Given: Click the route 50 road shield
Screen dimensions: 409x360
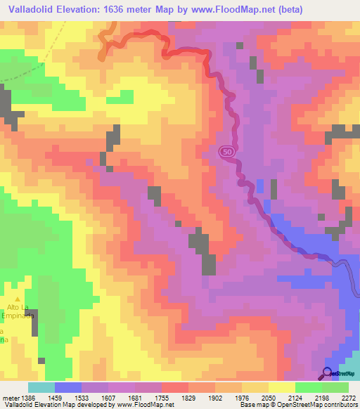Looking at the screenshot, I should [225, 151].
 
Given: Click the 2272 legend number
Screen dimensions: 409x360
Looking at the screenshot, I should [348, 398].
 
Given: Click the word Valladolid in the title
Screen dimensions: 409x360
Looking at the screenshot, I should [27, 8].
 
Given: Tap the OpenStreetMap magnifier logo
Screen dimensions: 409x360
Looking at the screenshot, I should [328, 373].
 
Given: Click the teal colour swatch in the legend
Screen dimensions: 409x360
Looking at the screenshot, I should [41, 387].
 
